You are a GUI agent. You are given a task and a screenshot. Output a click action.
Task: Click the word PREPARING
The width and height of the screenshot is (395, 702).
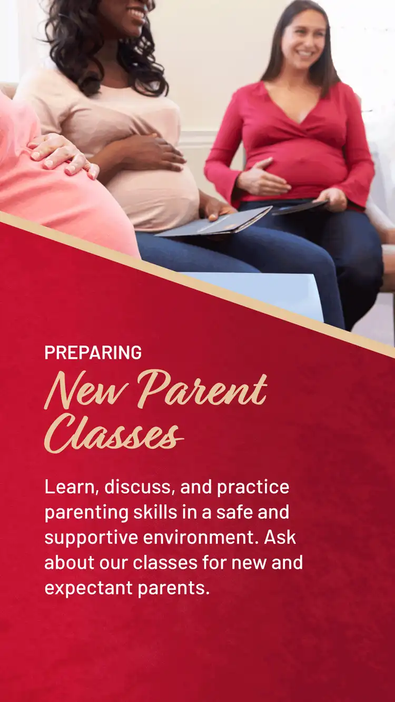point(93,352)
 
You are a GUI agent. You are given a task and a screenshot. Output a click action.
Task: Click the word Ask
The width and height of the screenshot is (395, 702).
point(281,537)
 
